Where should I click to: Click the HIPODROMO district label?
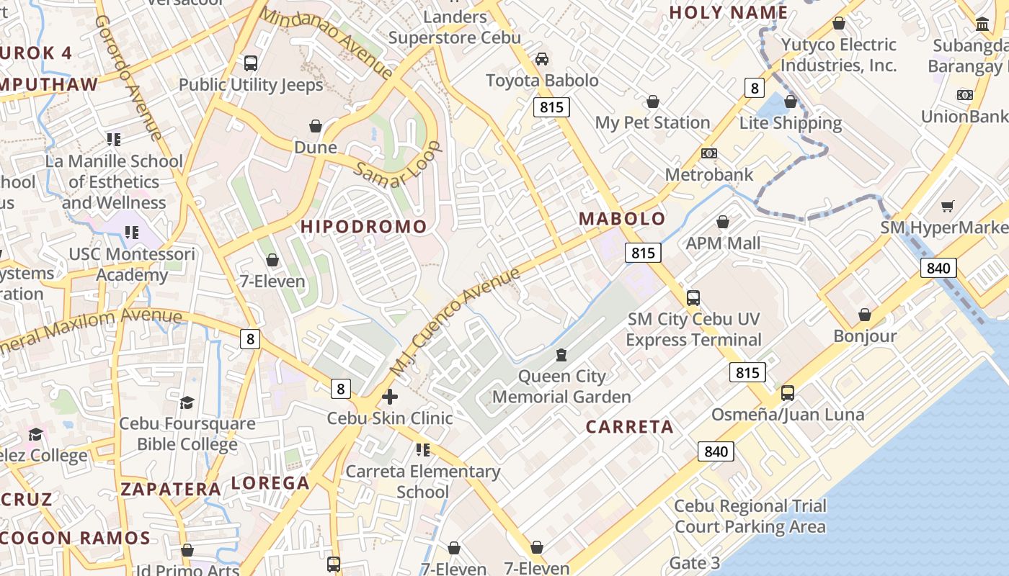point(363,226)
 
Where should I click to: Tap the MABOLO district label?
point(622,218)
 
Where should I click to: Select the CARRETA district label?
point(629,427)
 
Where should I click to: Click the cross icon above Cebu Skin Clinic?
point(390,397)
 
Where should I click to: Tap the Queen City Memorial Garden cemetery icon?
point(561,355)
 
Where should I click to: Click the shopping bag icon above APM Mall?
point(723,222)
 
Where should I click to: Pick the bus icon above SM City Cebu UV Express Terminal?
point(693,297)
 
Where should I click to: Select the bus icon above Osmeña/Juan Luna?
point(788,393)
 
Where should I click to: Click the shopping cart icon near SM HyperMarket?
point(948,207)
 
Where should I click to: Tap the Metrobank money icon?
point(709,153)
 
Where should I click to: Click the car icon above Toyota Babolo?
point(542,59)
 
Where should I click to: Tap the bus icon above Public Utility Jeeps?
point(251,63)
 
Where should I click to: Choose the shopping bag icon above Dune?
point(316,127)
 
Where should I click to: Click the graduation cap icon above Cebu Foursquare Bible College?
point(187,402)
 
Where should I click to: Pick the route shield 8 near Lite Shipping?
point(754,88)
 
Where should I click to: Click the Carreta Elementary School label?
point(423,482)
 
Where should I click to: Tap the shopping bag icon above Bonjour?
point(865,315)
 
